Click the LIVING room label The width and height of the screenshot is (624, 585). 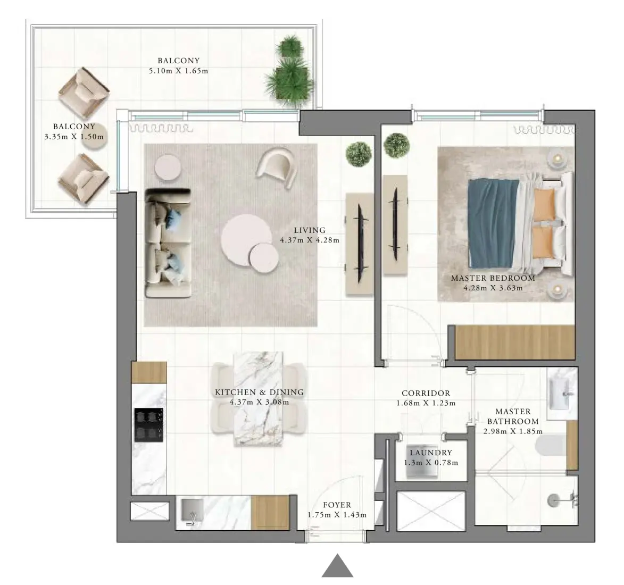(x=310, y=230)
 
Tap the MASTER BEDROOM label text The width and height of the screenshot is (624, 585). (x=493, y=278)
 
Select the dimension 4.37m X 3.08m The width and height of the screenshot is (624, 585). (x=259, y=402)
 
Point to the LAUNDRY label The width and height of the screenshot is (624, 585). (x=430, y=453)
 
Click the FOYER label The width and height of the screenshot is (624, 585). (x=337, y=505)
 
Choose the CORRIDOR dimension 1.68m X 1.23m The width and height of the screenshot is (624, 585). (x=426, y=403)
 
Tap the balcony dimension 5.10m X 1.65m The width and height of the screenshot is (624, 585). (x=178, y=71)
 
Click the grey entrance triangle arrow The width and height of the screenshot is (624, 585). (x=337, y=566)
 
